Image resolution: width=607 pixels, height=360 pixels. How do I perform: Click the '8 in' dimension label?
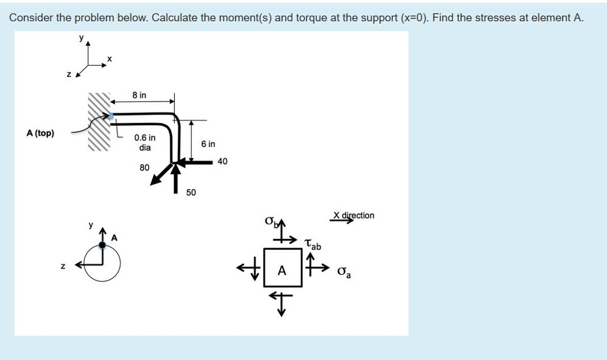(x=139, y=95)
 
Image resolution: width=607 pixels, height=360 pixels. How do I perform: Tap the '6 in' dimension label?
(x=208, y=144)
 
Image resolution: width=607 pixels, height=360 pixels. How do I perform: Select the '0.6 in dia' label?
(x=145, y=143)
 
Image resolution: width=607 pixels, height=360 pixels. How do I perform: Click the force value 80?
(x=145, y=168)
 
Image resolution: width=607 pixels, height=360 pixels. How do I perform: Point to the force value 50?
(x=191, y=193)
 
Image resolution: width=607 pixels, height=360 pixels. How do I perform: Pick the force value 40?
(x=222, y=161)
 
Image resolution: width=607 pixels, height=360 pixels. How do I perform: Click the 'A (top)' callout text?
(x=40, y=133)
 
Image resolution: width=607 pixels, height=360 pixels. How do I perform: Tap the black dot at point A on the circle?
(x=103, y=244)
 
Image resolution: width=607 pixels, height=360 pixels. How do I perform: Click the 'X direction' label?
(x=354, y=215)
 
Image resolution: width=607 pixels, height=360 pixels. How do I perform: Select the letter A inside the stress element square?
(x=282, y=271)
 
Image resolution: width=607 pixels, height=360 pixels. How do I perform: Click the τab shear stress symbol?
(x=312, y=244)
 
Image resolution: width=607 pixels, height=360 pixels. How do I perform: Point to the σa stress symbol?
(x=343, y=272)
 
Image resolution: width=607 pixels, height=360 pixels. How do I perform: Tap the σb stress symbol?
(x=271, y=222)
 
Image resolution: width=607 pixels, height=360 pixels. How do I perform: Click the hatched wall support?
(x=100, y=122)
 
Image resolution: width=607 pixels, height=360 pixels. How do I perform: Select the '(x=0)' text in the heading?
(x=414, y=17)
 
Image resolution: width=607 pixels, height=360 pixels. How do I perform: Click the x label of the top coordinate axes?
(x=109, y=59)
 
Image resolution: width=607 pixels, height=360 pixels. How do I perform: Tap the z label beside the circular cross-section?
(x=62, y=266)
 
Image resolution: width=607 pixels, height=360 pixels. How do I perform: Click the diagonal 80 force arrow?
(x=161, y=174)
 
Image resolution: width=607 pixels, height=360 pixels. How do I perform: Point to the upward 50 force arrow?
(x=175, y=178)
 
